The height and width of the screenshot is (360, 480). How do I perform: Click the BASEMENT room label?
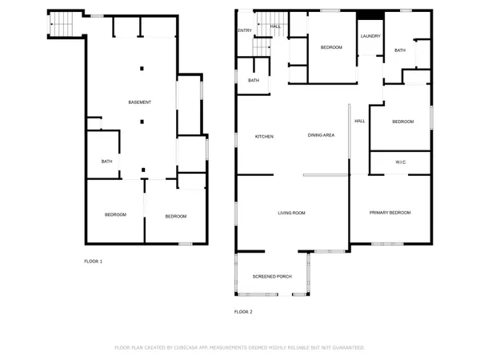[140, 102]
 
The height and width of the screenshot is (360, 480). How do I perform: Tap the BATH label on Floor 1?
[106, 162]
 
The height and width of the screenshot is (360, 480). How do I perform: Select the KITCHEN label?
[264, 137]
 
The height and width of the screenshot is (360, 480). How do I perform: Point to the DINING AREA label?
[321, 136]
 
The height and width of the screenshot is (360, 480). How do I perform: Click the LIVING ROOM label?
[292, 213]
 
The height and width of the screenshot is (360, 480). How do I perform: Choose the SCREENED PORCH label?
[272, 277]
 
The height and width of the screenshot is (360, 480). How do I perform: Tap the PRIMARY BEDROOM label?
[390, 213]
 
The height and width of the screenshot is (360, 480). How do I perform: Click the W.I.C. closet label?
[401, 162]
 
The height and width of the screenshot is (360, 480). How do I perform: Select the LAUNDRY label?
[370, 36]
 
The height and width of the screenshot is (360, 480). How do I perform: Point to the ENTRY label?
[244, 31]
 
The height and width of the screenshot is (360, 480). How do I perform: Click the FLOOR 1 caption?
[94, 262]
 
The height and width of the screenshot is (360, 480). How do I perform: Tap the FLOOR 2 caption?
[242, 312]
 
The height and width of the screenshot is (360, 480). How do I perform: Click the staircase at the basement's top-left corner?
[62, 27]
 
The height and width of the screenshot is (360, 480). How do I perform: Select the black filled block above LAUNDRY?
[370, 22]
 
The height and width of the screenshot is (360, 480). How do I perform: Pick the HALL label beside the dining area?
[359, 121]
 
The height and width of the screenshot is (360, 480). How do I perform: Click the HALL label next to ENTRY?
[275, 26]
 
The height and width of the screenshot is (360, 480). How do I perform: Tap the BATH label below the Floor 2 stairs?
[253, 81]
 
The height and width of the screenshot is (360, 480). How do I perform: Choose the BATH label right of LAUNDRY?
[400, 51]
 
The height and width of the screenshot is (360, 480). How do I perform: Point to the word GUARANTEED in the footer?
[346, 348]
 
